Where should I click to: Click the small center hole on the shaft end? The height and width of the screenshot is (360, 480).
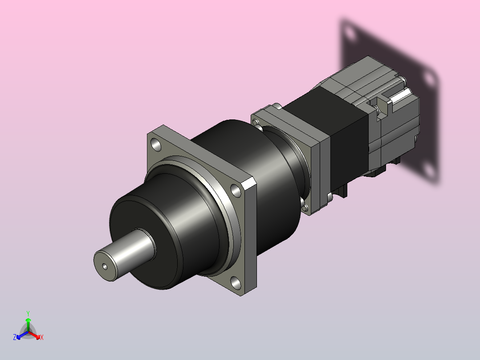click(x=105, y=267)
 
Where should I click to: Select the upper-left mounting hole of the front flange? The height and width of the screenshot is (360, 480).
click(x=156, y=145)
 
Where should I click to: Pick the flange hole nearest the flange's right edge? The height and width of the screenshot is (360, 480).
click(x=236, y=190)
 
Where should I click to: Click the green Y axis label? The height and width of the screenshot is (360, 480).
click(x=28, y=314)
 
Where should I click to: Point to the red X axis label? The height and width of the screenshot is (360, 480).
click(x=42, y=337)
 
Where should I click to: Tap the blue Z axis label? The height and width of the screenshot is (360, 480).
click(x=15, y=337)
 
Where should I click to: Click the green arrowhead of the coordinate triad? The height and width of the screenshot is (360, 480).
click(x=28, y=320)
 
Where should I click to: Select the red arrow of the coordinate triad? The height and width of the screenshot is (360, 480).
click(x=34, y=335)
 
